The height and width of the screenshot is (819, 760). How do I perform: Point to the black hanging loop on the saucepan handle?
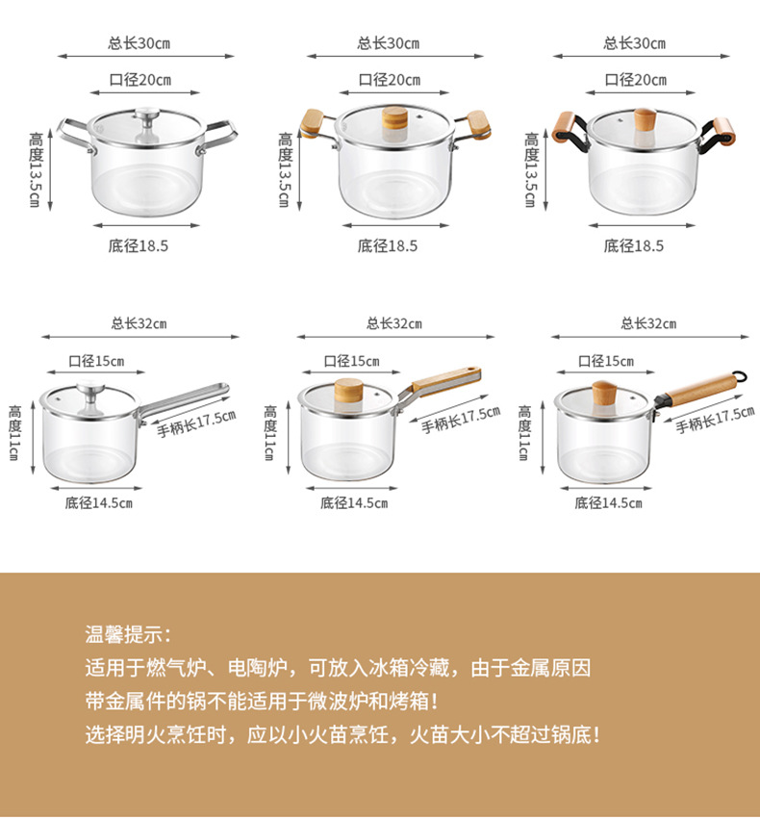[739, 375]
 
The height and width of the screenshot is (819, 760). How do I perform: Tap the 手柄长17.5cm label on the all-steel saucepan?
[196, 421]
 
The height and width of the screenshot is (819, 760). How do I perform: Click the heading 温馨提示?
[128, 634]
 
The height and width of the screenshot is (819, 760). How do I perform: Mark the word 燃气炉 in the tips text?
[171, 667]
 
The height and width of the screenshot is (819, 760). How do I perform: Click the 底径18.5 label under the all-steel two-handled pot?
[139, 245]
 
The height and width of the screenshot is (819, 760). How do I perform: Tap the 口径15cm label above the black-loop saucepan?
[606, 362]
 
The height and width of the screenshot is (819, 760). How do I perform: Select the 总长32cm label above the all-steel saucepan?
[139, 323]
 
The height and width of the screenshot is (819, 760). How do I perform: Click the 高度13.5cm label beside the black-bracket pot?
[531, 170]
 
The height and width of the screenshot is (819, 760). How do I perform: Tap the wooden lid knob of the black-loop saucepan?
[604, 395]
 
